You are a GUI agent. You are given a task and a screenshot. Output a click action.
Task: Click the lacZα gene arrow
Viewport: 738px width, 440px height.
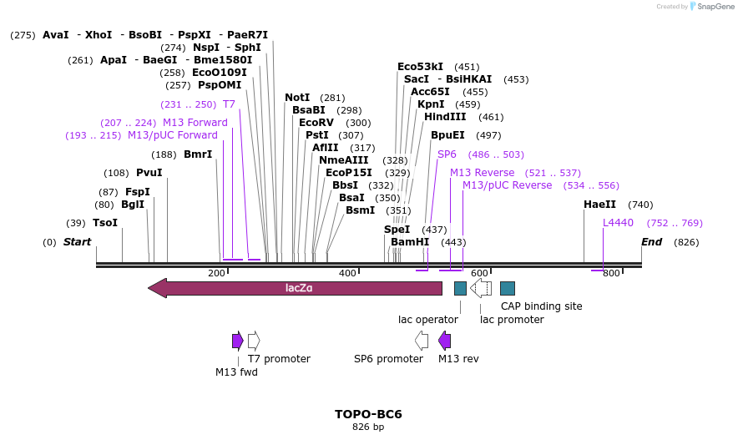(x=296, y=288)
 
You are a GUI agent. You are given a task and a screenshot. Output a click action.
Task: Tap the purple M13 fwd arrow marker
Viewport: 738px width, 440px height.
(x=238, y=341)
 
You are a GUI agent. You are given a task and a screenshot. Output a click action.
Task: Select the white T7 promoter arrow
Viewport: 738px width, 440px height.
(x=254, y=341)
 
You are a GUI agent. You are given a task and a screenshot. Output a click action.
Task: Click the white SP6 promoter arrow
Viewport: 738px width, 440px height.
(x=422, y=341)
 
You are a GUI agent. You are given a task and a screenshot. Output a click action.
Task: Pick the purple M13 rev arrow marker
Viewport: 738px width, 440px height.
(x=445, y=341)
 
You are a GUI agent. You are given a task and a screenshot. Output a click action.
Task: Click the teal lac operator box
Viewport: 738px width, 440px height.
(x=460, y=288)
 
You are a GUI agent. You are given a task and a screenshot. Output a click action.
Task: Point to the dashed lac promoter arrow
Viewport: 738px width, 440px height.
(x=481, y=288)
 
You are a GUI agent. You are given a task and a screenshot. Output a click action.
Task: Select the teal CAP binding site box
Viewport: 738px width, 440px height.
(x=508, y=288)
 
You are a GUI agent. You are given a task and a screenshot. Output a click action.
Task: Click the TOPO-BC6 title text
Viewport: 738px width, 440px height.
(x=368, y=414)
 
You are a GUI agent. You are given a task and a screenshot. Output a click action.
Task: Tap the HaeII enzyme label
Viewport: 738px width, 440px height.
(x=599, y=205)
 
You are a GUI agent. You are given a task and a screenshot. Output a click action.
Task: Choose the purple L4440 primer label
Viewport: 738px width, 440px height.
(x=619, y=223)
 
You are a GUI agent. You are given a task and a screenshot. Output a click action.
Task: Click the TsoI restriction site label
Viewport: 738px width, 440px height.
(x=105, y=223)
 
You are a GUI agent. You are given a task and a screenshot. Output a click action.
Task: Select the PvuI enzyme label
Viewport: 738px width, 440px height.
(x=149, y=173)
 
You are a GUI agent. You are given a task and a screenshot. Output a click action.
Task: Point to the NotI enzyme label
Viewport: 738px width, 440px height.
(x=297, y=98)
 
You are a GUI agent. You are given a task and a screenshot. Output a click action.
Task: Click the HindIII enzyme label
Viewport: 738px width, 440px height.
(x=445, y=117)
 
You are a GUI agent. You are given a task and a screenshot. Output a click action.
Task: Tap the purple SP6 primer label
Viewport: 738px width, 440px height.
(x=447, y=154)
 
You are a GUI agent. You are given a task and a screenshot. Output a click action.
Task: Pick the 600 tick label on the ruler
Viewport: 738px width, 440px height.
(x=479, y=274)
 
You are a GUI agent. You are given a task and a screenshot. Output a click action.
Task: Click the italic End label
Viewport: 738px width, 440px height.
(x=652, y=242)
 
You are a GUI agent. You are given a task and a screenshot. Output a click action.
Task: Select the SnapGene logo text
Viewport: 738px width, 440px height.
(x=712, y=7)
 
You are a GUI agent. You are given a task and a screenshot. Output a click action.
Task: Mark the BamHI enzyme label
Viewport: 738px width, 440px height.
(x=410, y=242)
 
